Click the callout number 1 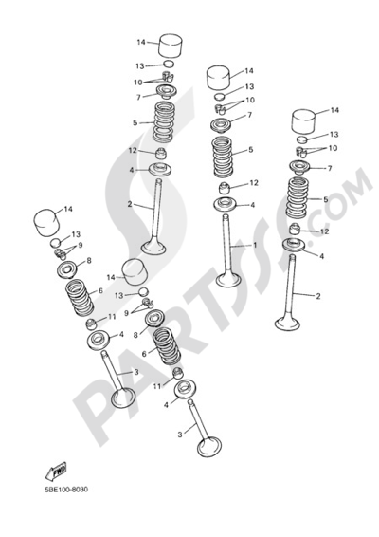tap(255, 245)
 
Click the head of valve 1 tap(228, 280)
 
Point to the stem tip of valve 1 tap(226, 216)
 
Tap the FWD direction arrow tap(56, 472)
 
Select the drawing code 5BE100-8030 tap(66, 490)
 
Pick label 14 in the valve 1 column tap(249, 71)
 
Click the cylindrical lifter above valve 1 tap(218, 78)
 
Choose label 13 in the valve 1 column tap(249, 86)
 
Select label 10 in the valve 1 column tap(250, 100)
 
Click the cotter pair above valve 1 tap(220, 110)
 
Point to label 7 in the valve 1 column tap(250, 115)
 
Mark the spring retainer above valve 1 tap(222, 125)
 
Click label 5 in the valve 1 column tap(251, 150)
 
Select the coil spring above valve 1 tap(223, 157)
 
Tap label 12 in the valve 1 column tap(254, 183)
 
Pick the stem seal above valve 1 tap(224, 188)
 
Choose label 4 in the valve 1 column tap(252, 205)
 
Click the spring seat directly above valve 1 tap(226, 204)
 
